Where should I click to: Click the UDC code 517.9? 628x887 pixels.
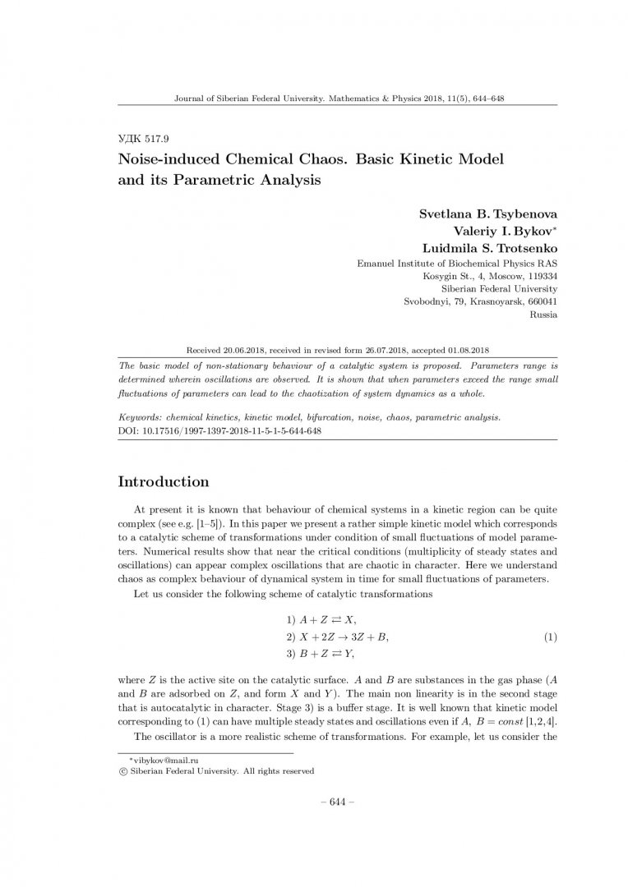[144, 139]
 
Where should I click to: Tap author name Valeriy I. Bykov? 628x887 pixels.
[504, 230]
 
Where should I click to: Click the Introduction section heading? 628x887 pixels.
[164, 481]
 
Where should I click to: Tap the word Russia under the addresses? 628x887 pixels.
[544, 314]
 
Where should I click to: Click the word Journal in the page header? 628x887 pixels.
[192, 97]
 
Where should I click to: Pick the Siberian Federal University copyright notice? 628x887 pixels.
[216, 771]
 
